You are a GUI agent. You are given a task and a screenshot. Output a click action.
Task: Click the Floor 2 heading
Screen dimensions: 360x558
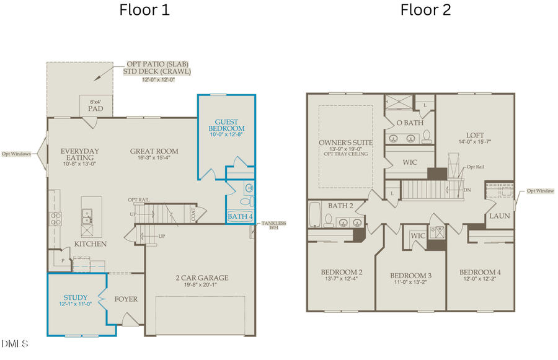click(425, 10)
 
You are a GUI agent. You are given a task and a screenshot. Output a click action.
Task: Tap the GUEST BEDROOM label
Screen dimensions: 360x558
click(226, 125)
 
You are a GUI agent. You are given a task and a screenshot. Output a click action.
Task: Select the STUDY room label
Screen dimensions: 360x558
click(76, 297)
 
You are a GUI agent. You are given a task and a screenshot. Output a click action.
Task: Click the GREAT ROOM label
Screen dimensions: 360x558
click(154, 151)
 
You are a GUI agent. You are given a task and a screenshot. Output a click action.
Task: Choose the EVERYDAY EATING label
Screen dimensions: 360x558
click(79, 154)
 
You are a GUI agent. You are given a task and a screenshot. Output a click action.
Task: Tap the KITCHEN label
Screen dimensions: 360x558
click(91, 244)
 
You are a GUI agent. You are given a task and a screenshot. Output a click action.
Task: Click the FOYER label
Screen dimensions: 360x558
click(126, 299)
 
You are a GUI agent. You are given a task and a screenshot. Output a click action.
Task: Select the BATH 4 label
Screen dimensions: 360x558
click(240, 216)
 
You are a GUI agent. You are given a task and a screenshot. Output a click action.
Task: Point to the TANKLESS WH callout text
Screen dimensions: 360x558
click(273, 225)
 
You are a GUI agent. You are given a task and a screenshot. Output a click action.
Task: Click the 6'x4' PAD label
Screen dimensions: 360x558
click(95, 105)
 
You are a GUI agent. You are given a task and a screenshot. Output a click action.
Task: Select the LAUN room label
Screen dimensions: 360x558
click(498, 216)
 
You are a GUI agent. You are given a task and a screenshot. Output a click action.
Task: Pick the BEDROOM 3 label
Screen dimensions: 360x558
click(410, 276)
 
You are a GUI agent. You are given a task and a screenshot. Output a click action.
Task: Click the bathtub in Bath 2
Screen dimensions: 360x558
click(316, 214)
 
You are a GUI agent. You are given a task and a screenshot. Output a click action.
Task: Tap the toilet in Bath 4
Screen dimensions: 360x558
click(246, 201)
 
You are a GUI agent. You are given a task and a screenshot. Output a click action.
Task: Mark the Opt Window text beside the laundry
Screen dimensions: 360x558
click(541, 191)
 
